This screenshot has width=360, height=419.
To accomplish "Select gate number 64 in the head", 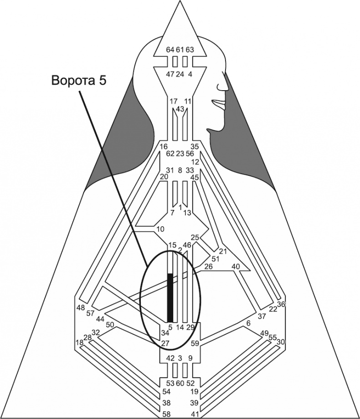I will point(170,50).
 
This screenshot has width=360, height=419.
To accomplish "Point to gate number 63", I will point(190,50).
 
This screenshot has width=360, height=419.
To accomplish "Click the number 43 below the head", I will point(180,109).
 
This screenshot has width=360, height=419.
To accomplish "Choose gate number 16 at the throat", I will point(164,147).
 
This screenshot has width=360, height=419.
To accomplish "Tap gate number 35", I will point(195,147).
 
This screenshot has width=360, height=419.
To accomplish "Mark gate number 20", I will point(165,176).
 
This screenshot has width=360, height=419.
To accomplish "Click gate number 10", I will point(160,229).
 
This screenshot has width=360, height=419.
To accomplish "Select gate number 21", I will point(223,251).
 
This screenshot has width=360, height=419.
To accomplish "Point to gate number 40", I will point(236,266).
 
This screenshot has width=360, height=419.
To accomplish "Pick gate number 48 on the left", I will point(81,307).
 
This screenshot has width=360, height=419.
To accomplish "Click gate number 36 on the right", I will point(281,304).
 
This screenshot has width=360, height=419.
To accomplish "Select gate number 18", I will point(80,342).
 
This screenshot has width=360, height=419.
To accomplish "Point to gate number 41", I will point(195,414).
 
